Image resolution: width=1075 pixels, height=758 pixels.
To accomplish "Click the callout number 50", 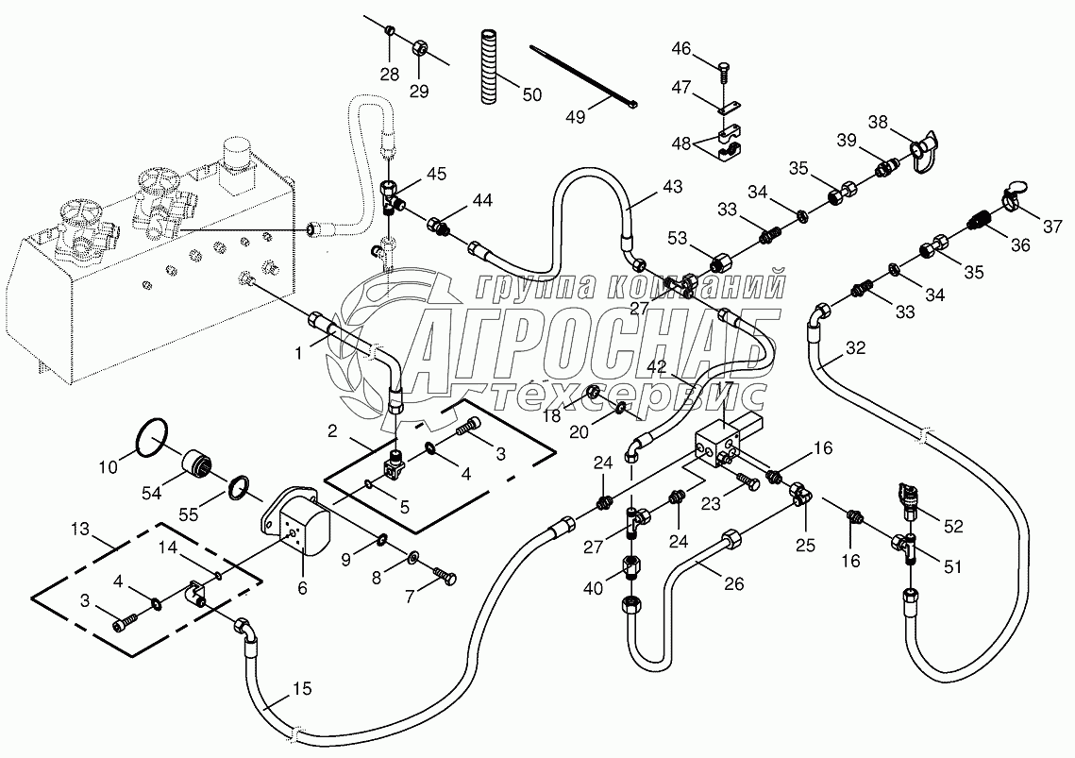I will click(532, 93).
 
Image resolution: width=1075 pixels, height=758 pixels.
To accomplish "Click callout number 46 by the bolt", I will click(680, 48).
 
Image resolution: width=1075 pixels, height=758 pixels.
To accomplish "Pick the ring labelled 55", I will click(242, 488).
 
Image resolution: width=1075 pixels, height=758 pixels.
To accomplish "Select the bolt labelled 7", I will click(445, 573).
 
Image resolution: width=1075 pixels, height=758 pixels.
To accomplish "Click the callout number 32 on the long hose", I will click(854, 346).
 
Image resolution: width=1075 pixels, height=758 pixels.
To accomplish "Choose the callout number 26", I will click(734, 584).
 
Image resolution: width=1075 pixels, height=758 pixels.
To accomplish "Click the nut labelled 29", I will click(421, 46).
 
